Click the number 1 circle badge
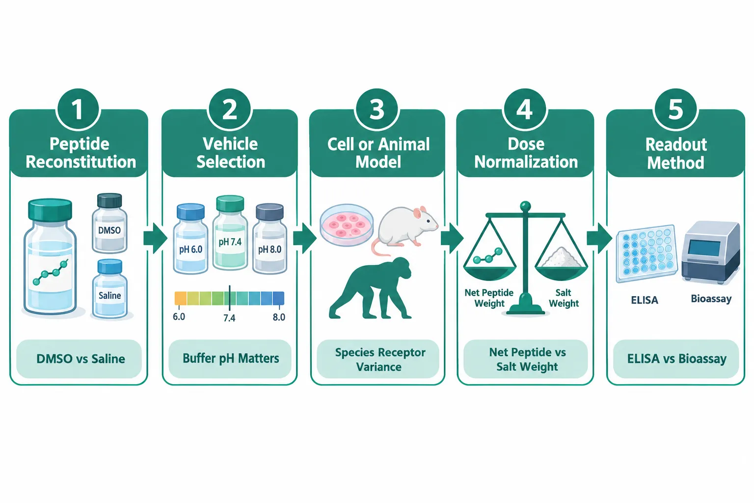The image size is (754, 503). tap(78, 109)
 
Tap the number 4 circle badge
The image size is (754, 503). tap(525, 109)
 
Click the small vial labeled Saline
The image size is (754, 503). tap(110, 289)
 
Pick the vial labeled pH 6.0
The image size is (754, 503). tap(190, 239)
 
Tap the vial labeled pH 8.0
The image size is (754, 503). tap(269, 239)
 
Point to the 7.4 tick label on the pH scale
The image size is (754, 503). tap(229, 318)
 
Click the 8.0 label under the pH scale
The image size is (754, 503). tap(279, 317)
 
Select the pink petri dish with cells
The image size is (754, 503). tap(347, 224)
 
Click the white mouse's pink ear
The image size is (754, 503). tap(418, 213)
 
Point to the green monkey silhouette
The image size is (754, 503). tap(370, 288)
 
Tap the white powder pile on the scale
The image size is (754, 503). tap(561, 258)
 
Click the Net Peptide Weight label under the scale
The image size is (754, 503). tap(489, 298)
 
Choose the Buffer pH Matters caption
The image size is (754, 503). tap(231, 359)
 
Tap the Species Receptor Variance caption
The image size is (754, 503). tap(379, 360)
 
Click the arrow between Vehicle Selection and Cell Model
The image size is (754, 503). tap(305, 238)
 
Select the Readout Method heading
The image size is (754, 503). tap(676, 154)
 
